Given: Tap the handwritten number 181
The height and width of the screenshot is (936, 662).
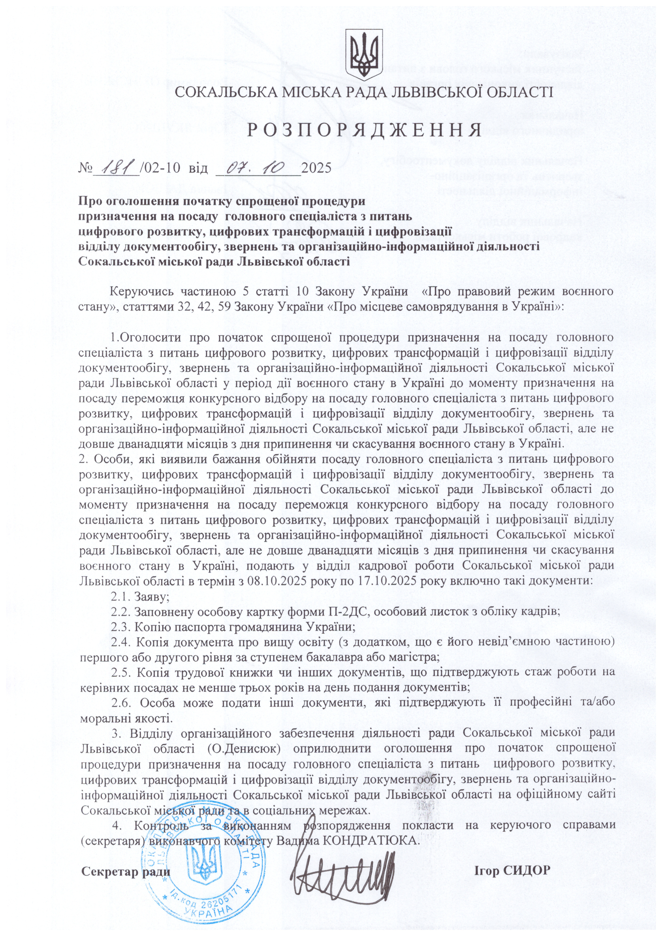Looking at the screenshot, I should click(x=117, y=167).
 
